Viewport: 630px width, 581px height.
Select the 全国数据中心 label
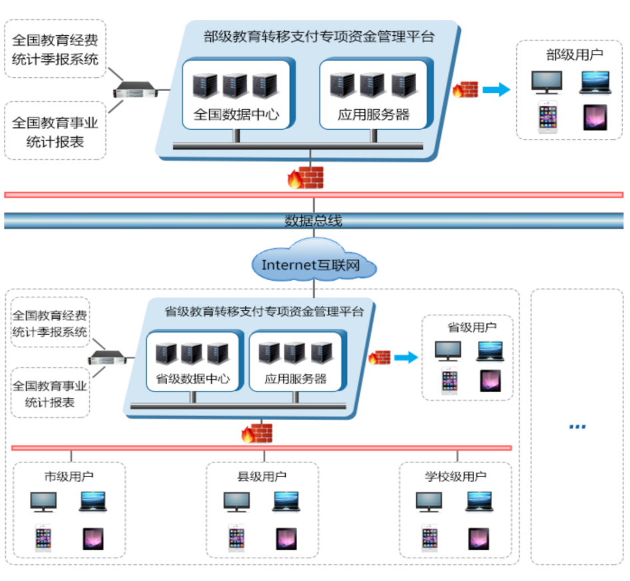[x=236, y=114]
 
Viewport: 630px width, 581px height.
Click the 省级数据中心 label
[x=192, y=379]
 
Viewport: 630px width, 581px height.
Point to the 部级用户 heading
[x=575, y=55]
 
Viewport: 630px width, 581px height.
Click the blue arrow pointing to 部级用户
[x=495, y=90]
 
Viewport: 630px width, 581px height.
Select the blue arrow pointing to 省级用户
[x=406, y=358]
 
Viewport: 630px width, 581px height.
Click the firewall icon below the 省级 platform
[x=257, y=433]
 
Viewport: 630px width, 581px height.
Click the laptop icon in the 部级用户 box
[x=595, y=82]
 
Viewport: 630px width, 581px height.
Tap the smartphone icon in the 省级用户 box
[x=450, y=381]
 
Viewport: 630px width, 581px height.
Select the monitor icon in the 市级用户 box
[x=43, y=501]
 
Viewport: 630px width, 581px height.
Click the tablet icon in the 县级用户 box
[x=287, y=538]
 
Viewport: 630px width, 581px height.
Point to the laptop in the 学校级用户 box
[x=479, y=501]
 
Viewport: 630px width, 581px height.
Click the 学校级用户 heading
[x=456, y=477]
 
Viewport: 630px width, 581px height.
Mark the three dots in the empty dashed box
[x=577, y=427]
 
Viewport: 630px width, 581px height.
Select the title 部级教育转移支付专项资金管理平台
[x=319, y=37]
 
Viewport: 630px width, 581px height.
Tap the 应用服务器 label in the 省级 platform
[x=296, y=379]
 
